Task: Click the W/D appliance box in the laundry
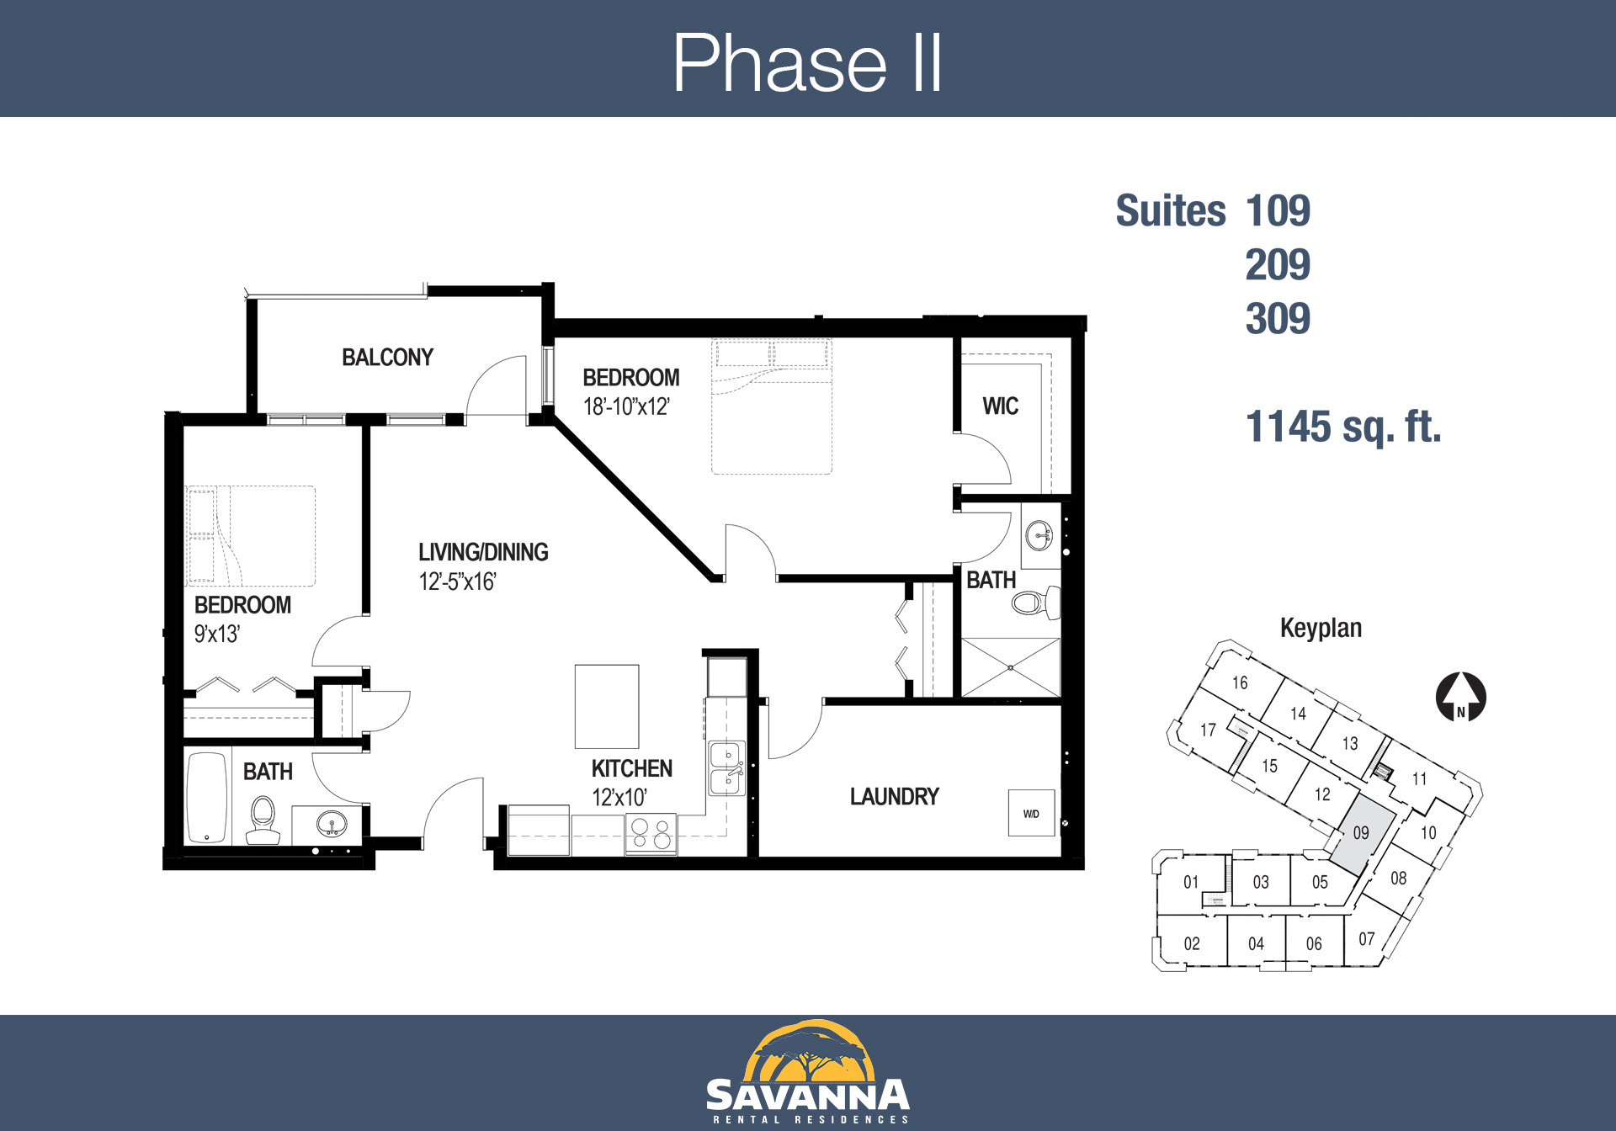(1031, 813)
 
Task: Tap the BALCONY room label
(387, 358)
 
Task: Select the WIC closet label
(1000, 406)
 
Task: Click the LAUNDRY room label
(894, 797)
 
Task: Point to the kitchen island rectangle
(607, 707)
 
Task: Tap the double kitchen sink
(727, 768)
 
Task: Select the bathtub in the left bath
(207, 798)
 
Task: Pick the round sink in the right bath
(1039, 534)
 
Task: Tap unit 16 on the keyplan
(1240, 682)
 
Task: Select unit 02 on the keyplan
(1191, 943)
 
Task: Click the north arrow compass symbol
(1460, 697)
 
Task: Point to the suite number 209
(1278, 265)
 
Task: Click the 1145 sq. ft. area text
(1343, 427)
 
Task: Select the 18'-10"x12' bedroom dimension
(626, 407)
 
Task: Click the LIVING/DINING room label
(483, 552)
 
